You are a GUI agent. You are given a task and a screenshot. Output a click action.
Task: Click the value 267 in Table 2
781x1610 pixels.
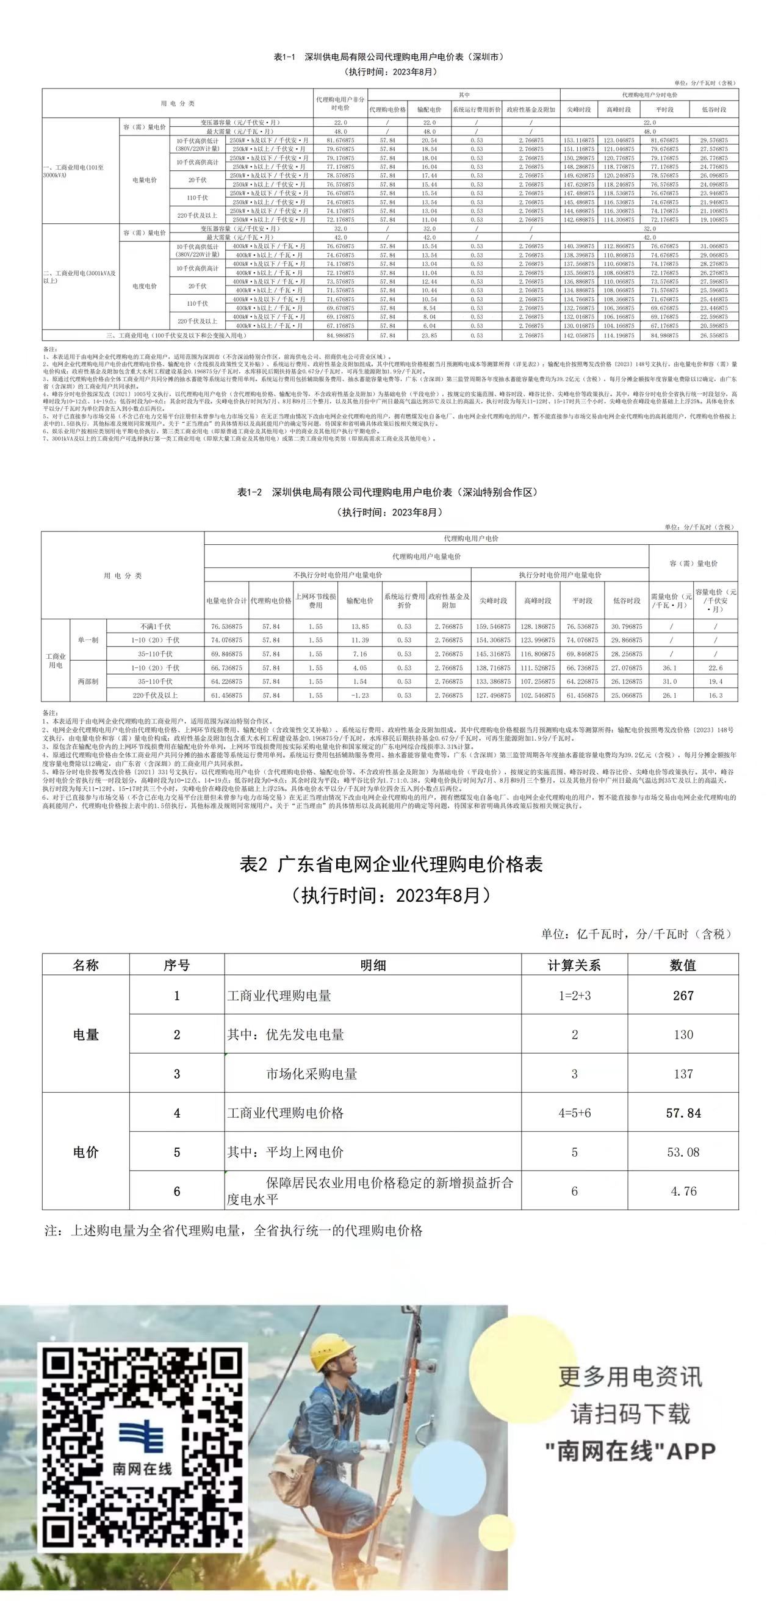[x=683, y=996]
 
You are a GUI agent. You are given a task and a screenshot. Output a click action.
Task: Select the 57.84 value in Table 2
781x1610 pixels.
[x=683, y=1113]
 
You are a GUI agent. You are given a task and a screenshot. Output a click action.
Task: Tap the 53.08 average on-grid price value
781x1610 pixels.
[x=683, y=1152]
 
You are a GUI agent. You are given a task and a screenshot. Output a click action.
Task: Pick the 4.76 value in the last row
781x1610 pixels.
[x=683, y=1191]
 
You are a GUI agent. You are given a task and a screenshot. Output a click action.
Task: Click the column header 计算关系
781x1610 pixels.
[x=574, y=965]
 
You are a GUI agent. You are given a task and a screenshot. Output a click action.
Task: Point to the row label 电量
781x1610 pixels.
[x=85, y=1035]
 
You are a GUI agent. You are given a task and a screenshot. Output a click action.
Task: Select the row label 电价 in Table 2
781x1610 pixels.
[x=85, y=1152]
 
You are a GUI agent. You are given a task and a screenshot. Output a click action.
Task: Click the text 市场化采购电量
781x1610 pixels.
[x=311, y=1074]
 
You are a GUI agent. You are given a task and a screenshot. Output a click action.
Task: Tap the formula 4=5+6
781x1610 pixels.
[x=574, y=1113]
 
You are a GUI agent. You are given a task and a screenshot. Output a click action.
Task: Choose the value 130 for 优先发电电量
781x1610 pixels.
[x=683, y=1034]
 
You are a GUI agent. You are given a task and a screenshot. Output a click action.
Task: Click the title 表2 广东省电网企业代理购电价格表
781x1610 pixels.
[x=392, y=865]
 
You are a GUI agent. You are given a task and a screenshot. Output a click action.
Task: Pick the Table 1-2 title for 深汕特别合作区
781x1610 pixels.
[x=387, y=492]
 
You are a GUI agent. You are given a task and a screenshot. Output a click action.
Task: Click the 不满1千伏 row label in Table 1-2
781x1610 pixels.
[x=155, y=627]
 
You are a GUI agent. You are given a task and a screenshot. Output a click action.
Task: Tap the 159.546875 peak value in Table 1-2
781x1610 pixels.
[x=493, y=627]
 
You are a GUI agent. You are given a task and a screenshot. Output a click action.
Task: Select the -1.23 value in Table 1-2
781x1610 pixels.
[x=359, y=695]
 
